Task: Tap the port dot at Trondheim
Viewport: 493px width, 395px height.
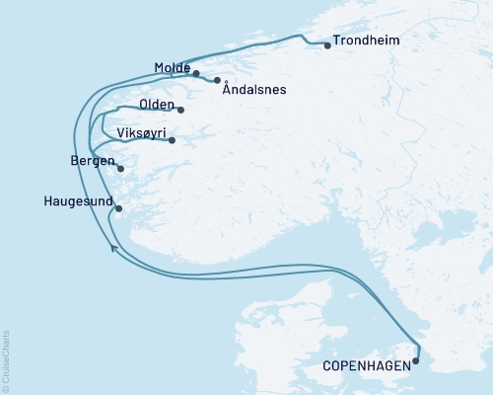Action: pyautogui.click(x=326, y=44)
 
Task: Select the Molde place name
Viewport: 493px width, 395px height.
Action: pyautogui.click(x=173, y=68)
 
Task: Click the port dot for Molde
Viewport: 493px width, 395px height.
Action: pyautogui.click(x=196, y=74)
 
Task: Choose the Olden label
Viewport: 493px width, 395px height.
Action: pyautogui.click(x=157, y=105)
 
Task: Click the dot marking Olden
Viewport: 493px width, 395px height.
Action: pyautogui.click(x=181, y=109)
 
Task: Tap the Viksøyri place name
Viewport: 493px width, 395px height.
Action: pyautogui.click(x=139, y=132)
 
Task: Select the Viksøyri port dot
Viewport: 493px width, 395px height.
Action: pyautogui.click(x=172, y=140)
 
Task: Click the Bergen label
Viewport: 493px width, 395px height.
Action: pyautogui.click(x=93, y=160)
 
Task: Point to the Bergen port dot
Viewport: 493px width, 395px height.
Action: pyautogui.click(x=120, y=169)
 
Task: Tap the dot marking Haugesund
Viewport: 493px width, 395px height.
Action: pyautogui.click(x=118, y=208)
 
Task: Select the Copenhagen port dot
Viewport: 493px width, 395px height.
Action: pyautogui.click(x=415, y=360)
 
